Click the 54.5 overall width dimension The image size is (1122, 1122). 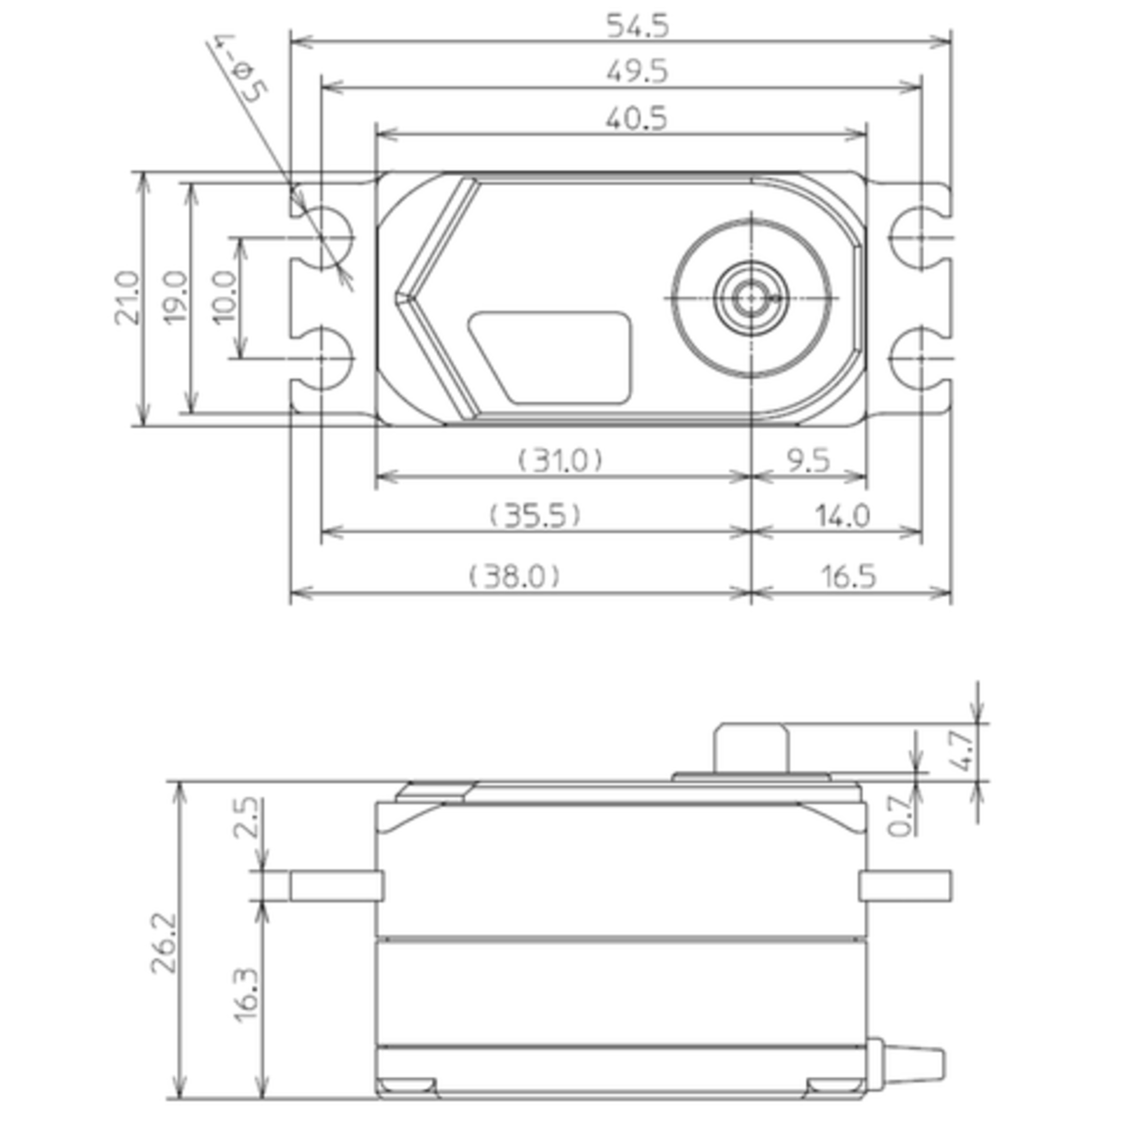tap(637, 26)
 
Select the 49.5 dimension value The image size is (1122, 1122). tap(637, 71)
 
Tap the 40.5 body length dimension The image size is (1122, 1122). tap(637, 118)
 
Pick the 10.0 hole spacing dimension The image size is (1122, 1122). tap(225, 297)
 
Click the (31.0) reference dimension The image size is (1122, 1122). tap(560, 459)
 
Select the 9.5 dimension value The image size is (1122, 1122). tap(809, 459)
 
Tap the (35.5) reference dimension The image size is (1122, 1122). tap(536, 515)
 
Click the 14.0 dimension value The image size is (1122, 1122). tap(842, 515)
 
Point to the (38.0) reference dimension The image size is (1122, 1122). tap(514, 576)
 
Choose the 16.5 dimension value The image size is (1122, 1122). tap(848, 576)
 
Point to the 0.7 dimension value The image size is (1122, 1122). tap(901, 815)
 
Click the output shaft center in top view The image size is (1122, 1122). tap(751, 298)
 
